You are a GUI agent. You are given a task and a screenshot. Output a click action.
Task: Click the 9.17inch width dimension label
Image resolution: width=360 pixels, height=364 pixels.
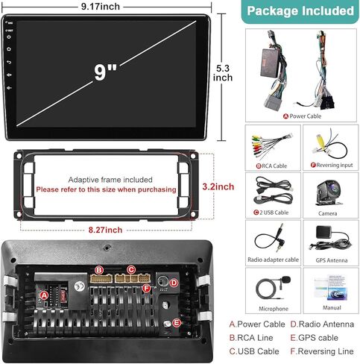[101, 7]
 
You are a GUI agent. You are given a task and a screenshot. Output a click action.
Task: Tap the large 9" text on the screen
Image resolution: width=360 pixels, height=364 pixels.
[105, 72]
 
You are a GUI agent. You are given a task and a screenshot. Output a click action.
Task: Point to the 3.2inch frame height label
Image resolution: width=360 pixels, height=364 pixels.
[218, 186]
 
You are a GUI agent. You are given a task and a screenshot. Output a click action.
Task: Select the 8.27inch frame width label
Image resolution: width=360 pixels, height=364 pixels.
[105, 230]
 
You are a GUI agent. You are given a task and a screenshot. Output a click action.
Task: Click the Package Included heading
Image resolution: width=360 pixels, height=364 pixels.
[300, 11]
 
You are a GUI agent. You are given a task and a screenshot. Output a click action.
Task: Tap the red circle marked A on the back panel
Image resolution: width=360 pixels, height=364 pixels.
[44, 295]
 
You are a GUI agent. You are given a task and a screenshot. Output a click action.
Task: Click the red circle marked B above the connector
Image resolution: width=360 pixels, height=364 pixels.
[99, 270]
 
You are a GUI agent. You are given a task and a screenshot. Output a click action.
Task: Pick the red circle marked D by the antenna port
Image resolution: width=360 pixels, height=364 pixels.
[174, 283]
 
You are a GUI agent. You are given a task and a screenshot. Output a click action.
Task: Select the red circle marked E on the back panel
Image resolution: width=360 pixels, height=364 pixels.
[177, 323]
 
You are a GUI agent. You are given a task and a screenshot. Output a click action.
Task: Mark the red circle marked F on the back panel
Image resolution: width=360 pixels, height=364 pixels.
[147, 289]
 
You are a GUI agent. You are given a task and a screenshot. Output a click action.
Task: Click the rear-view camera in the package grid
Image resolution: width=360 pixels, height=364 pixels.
[329, 192]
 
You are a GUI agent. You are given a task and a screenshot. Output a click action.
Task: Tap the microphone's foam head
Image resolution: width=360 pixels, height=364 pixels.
[285, 279]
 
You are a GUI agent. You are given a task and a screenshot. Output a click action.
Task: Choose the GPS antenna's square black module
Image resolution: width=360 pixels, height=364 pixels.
[323, 232]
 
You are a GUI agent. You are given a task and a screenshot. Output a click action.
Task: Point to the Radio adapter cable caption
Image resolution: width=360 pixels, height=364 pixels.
[273, 260]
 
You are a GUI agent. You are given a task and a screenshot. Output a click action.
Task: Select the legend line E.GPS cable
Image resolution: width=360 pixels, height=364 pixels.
[314, 338]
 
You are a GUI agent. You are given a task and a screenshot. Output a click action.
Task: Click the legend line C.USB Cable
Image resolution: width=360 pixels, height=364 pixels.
[254, 351]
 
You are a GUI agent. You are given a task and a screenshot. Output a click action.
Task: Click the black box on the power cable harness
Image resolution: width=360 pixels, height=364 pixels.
[271, 62]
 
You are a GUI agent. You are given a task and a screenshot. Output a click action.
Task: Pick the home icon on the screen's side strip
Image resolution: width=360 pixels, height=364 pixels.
[9, 49]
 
